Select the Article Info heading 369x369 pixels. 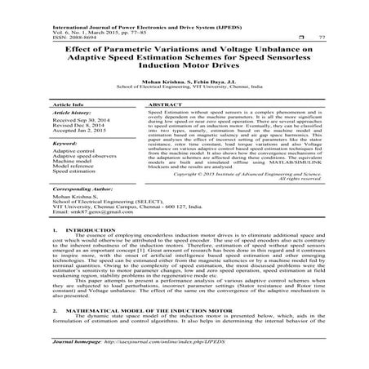tap(71, 106)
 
